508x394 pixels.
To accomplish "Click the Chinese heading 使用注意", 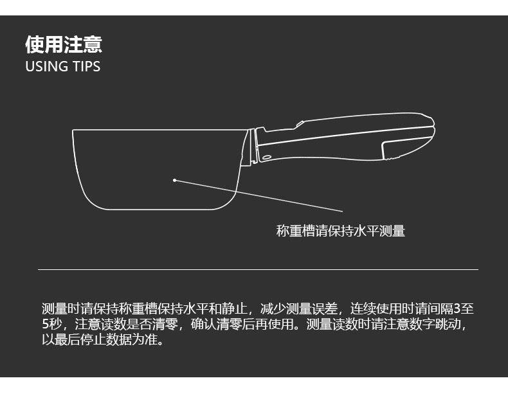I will [x=64, y=45].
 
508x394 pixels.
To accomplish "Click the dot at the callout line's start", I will [x=174, y=181].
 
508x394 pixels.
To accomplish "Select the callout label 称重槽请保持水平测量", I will [x=340, y=231].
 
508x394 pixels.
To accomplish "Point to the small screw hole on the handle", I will [x=266, y=157].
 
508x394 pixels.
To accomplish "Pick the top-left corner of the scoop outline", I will [x=73, y=130].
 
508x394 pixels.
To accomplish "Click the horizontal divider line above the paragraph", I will [x=257, y=269].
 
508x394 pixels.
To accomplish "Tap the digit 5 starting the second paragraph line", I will [x=45, y=324].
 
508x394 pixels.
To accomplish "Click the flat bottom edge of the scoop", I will [x=154, y=210].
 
